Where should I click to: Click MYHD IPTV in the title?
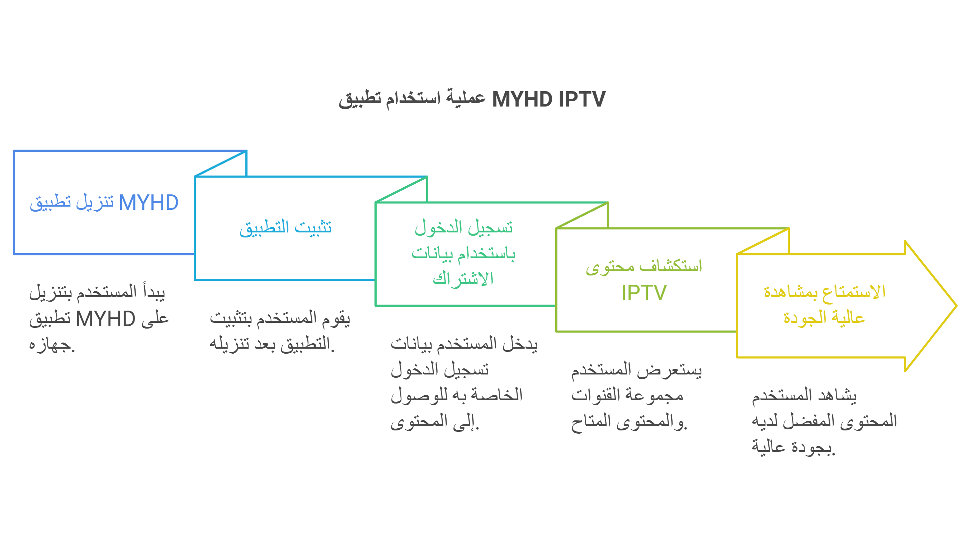coord(549,99)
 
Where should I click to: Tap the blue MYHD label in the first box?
coord(149,202)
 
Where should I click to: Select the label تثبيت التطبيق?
coord(285,228)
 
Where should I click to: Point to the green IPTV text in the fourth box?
coord(644,293)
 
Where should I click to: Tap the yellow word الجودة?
coord(805,317)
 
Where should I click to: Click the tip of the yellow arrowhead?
coord(956,306)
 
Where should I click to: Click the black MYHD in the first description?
coord(105,319)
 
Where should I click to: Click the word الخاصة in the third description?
coord(497,395)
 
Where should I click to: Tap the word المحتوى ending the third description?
coord(419,421)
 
